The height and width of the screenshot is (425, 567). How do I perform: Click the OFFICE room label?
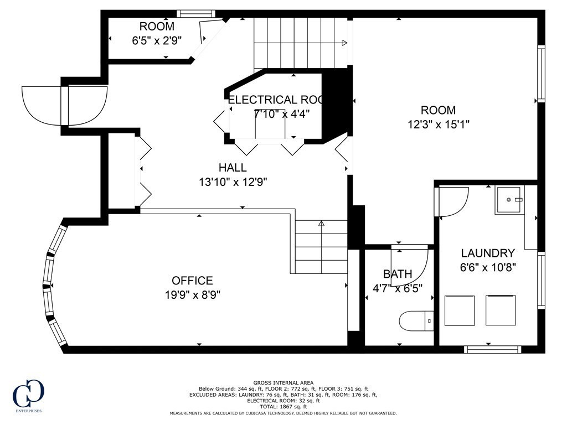192,281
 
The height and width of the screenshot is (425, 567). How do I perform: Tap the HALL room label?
233,168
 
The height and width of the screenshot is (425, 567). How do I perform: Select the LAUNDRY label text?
488,253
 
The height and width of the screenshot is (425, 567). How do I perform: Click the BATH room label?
398,274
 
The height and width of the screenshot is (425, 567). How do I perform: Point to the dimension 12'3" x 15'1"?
439,125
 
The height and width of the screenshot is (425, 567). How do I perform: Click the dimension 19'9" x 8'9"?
192,295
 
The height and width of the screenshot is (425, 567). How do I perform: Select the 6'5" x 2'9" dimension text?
157,40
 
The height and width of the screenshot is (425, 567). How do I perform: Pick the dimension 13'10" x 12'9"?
233,182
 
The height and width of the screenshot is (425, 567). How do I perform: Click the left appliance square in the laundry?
460,310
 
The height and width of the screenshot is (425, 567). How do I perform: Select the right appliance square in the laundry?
501,310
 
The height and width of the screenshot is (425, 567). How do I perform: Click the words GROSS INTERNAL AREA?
283,383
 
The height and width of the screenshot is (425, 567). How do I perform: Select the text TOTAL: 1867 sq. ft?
283,406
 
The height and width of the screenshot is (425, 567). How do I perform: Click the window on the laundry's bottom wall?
492,349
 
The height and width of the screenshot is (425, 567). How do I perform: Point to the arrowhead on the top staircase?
345,43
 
